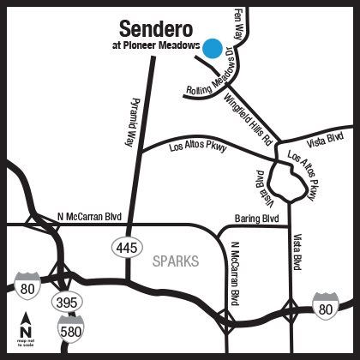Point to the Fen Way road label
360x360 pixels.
[x=237, y=18]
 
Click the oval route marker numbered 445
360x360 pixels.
[x=124, y=247]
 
